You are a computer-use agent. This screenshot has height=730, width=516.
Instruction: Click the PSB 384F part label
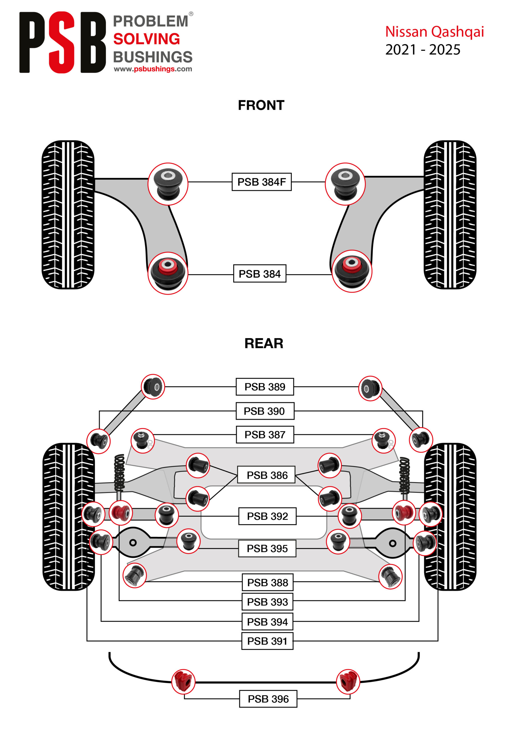[x=261, y=182]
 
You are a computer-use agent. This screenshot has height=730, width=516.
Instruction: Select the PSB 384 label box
[x=259, y=273]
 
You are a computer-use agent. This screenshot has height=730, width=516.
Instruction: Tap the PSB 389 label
[x=265, y=387]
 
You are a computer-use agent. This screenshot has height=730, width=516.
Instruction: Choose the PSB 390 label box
[x=265, y=411]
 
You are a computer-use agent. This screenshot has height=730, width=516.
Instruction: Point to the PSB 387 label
[x=265, y=435]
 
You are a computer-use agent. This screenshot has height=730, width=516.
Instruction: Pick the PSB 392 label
[x=267, y=516]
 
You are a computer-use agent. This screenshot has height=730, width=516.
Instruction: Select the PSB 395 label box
[x=267, y=548]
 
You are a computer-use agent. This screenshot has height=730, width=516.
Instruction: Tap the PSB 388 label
[x=267, y=583]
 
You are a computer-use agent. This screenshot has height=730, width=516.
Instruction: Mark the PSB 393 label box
[x=267, y=602]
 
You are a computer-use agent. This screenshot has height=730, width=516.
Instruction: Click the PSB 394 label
[x=267, y=622]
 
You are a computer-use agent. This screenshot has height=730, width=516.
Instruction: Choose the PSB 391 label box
[x=267, y=641]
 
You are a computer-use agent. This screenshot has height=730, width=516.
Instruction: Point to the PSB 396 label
[x=268, y=699]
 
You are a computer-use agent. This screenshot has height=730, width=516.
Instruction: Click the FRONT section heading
[x=261, y=105]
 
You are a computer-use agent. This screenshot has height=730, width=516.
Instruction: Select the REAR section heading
[x=264, y=343]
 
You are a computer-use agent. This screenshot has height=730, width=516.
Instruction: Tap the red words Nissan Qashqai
[x=434, y=32]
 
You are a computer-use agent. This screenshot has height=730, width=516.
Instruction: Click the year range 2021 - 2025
[x=422, y=50]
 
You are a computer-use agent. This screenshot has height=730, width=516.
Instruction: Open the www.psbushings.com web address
[x=153, y=69]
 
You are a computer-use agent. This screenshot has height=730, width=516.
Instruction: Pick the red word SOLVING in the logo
[x=147, y=39]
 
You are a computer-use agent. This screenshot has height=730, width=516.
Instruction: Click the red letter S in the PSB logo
[x=62, y=42]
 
